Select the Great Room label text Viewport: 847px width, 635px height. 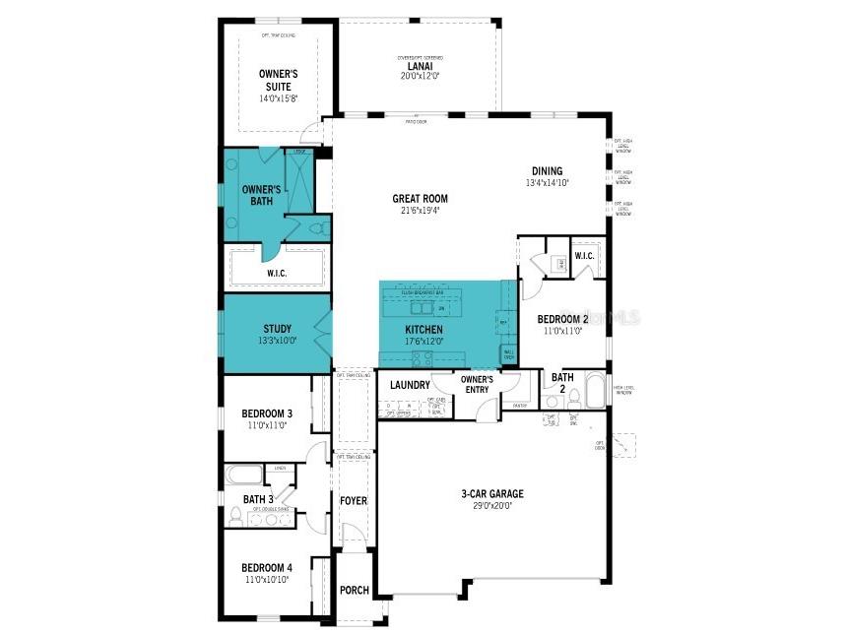(x=421, y=204)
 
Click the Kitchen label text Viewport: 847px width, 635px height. (x=424, y=335)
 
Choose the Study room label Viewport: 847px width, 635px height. (x=277, y=335)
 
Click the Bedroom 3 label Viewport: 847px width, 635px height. (x=267, y=419)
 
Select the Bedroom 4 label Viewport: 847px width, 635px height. (x=267, y=573)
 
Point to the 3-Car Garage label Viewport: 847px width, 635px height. (x=492, y=499)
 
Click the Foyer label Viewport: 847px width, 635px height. (x=353, y=501)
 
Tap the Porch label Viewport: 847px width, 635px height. (x=354, y=591)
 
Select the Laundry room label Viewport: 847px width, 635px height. (x=410, y=385)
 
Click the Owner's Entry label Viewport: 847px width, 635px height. (x=477, y=384)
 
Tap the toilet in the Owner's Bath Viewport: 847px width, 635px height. (x=316, y=227)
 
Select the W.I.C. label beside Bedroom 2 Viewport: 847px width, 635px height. (x=583, y=257)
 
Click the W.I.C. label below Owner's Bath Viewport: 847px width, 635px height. (x=277, y=273)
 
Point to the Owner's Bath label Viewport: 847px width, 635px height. (x=262, y=195)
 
